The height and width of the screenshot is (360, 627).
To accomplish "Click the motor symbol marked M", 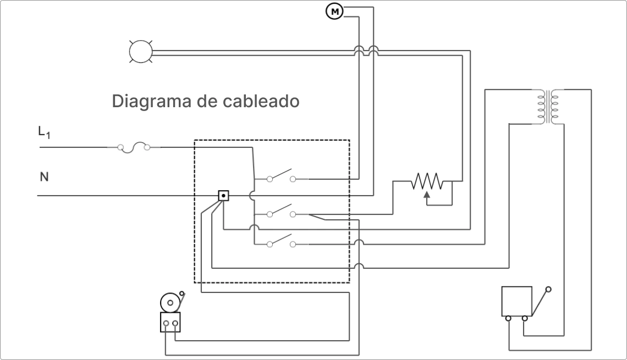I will coord(334,11).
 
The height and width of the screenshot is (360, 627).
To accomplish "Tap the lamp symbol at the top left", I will coord(140,52).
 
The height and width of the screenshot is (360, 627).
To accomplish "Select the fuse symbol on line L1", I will coord(134,147).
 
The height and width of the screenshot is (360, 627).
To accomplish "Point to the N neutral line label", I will coord(44,177).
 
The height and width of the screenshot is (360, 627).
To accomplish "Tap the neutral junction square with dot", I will coord(223,195).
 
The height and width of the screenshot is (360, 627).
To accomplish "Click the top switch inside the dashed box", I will coord(280,177).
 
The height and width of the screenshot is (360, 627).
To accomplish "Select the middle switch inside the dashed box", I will coord(280,212).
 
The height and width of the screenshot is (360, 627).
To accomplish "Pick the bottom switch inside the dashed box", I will coord(280,242).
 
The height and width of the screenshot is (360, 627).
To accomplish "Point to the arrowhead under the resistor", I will coord(427,193).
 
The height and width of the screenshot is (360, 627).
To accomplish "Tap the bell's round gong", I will coord(170,302).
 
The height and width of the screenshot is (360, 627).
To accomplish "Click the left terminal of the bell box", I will coord(166,323).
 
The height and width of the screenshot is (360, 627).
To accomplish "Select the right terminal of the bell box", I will coord(175,323).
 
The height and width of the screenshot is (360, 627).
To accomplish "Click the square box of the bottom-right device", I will coord(516,301).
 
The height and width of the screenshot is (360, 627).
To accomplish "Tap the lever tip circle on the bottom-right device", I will coord(548,289).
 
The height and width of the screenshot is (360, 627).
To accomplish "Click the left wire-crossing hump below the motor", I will coord(359,51).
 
